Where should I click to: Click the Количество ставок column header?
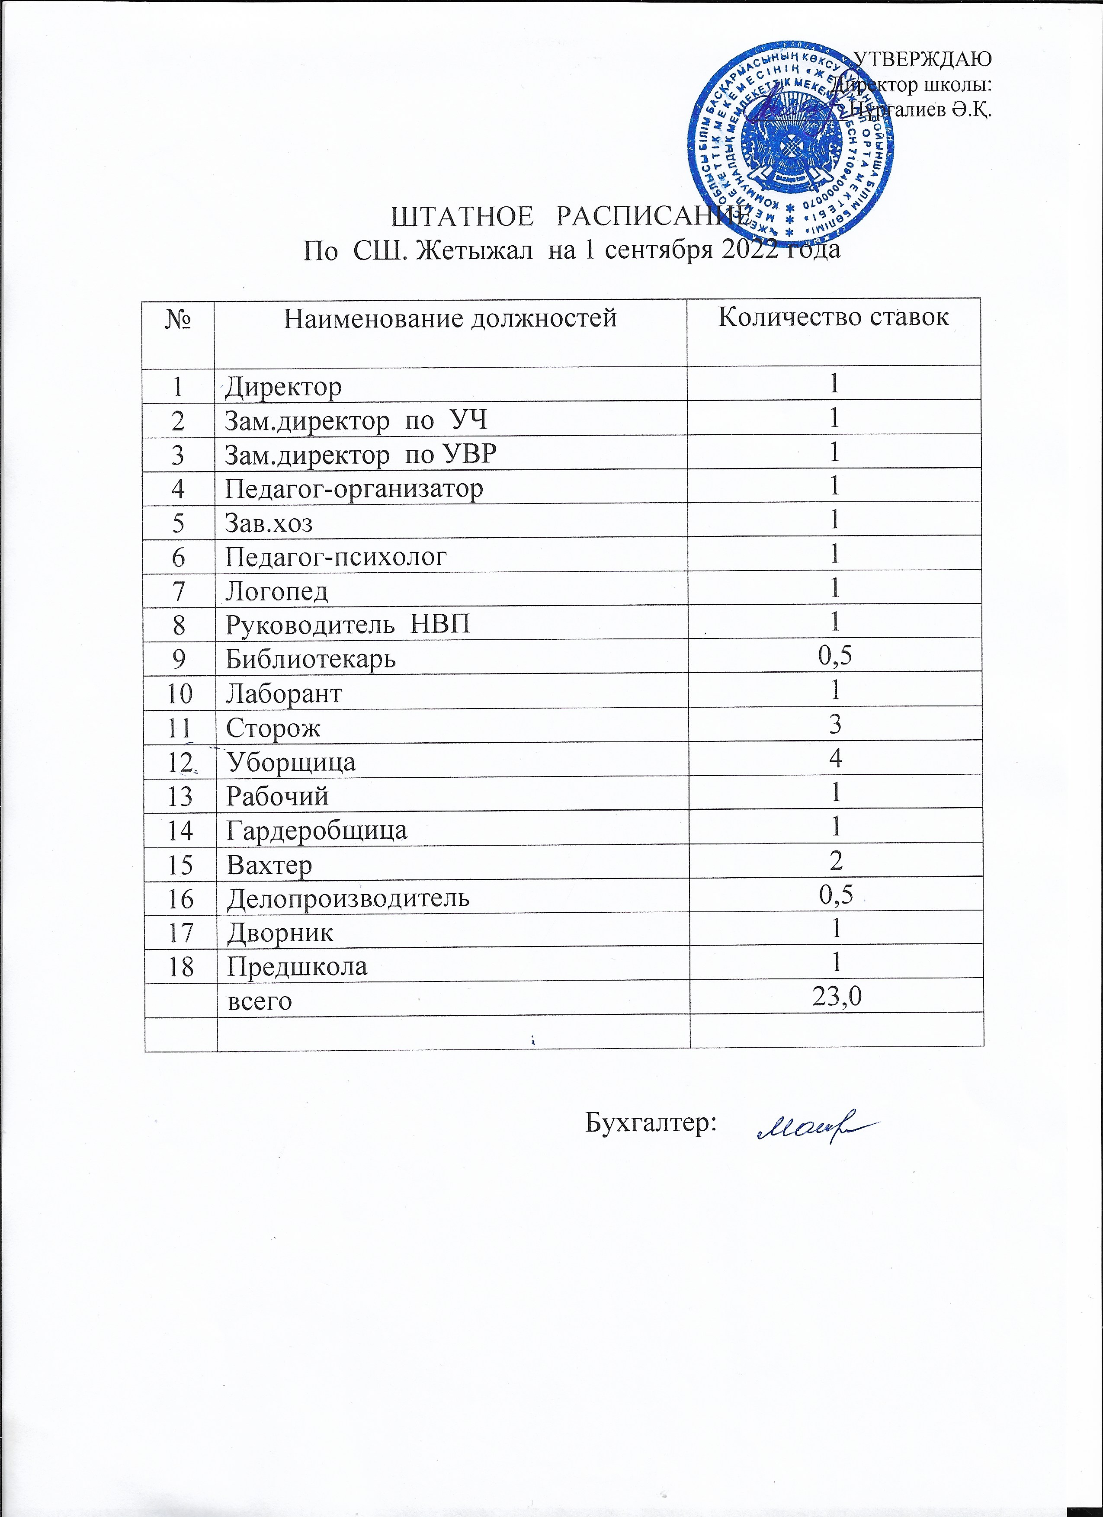pos(834,316)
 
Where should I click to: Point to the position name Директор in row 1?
pos(284,387)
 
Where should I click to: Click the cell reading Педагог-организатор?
pos(354,488)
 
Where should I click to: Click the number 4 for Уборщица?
pos(835,759)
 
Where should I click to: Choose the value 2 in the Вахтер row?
pos(835,860)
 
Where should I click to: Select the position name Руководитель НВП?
pos(348,624)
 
